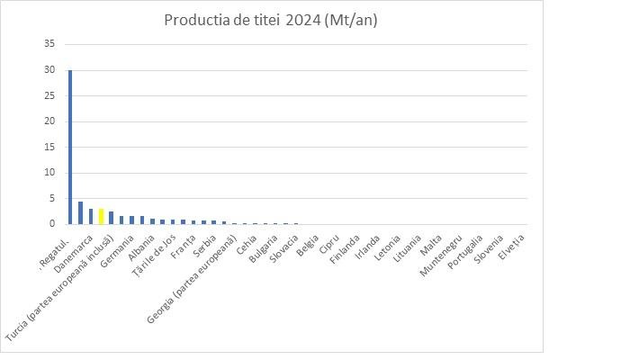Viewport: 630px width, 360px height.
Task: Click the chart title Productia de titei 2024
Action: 270,21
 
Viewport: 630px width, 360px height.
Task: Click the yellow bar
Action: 101,216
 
